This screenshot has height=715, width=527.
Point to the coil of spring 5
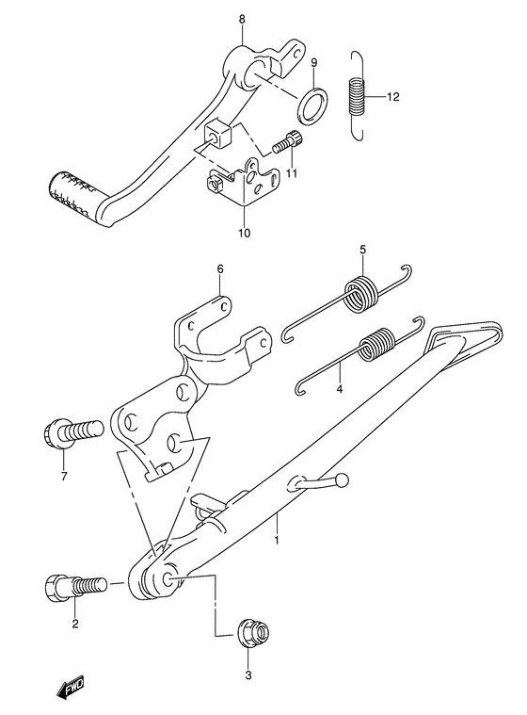pos(359,291)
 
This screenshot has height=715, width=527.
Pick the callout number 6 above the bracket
pos(219,268)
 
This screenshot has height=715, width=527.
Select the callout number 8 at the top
pos(243,19)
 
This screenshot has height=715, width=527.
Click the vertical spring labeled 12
pos(357,95)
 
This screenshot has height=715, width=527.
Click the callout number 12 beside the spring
pos(393,96)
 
